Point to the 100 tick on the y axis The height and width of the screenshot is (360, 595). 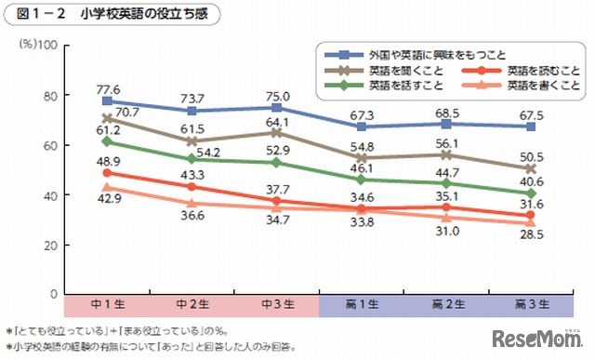click(50, 45)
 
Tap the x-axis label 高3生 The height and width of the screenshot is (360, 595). click(531, 303)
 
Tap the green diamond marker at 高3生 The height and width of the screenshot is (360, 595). click(531, 192)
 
